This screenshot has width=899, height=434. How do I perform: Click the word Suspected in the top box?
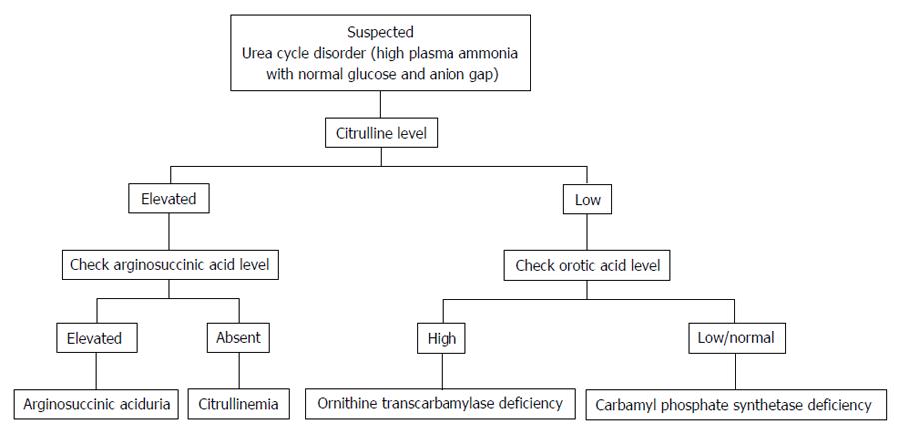pos(381,31)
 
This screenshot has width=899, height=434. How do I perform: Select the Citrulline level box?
pos(381,134)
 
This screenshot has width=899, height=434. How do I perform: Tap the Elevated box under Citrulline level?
pos(168,199)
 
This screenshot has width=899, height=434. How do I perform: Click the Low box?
pos(587,200)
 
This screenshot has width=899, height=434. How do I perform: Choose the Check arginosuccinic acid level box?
pos(170,266)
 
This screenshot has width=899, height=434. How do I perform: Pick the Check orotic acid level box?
pos(587,266)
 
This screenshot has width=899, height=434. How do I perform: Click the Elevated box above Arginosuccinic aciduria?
pos(97,338)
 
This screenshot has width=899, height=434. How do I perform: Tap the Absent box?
pos(238,338)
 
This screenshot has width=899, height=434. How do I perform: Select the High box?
pos(442,339)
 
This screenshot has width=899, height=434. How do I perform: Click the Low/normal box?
pos(736,338)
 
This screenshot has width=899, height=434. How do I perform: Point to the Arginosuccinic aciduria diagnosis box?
pos(96,404)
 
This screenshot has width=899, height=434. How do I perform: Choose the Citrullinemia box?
pos(238,404)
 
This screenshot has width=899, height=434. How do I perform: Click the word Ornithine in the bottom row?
pos(344,403)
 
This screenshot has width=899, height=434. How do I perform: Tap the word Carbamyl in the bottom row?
pos(623,405)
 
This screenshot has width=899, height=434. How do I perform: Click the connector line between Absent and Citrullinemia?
pos(239,371)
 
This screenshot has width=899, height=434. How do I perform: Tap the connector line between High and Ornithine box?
pos(442,371)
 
